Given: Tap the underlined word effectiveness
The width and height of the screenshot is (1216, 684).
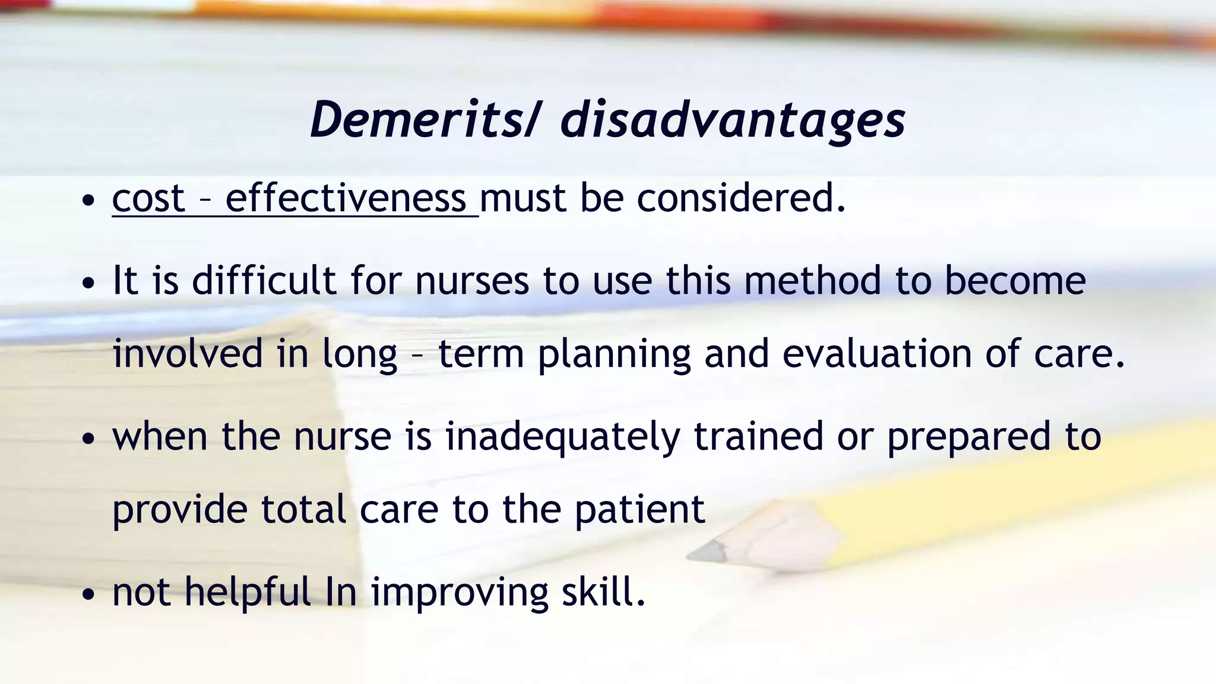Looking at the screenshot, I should [x=346, y=198].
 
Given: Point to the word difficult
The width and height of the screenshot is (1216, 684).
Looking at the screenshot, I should [x=264, y=280].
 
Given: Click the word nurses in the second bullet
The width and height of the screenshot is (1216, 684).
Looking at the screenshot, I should [x=471, y=280].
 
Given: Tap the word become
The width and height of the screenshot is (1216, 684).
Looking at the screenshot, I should [x=1015, y=280].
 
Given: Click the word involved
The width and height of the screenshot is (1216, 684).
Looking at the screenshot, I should [x=188, y=353].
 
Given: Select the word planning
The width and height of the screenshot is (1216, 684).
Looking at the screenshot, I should [x=614, y=354].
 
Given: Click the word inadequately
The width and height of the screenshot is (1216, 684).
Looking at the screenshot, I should [x=562, y=437].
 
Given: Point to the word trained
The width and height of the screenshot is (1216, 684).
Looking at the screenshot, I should [x=758, y=436].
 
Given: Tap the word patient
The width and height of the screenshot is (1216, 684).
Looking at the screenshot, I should [x=639, y=509].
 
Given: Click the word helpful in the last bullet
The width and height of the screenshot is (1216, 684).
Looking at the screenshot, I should [x=248, y=592].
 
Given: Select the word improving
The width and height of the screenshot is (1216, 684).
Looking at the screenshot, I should [x=460, y=593].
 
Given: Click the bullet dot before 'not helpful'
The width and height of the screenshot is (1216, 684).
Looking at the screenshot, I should [x=88, y=594].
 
